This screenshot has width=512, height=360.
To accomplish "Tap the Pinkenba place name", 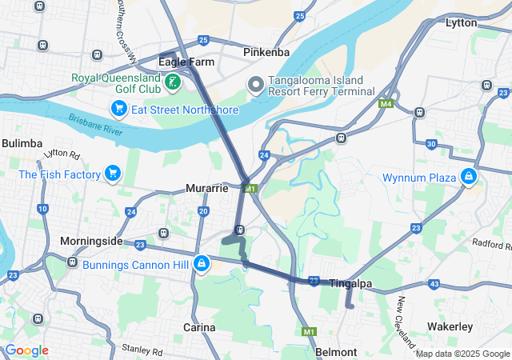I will (266, 53).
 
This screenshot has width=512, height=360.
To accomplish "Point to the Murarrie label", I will (207, 188).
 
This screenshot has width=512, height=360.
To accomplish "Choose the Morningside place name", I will (91, 241).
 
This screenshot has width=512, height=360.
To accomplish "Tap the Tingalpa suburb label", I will (351, 283).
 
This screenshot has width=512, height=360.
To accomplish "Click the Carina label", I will (199, 327).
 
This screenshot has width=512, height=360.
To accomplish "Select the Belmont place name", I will (336, 352).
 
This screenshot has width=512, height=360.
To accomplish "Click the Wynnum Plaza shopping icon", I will (468, 177).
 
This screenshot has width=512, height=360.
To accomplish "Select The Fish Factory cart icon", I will (112, 174).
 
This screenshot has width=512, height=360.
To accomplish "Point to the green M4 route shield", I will (387, 103).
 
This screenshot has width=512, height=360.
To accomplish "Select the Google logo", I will (26, 350).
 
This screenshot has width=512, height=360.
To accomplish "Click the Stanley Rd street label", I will (142, 350).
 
